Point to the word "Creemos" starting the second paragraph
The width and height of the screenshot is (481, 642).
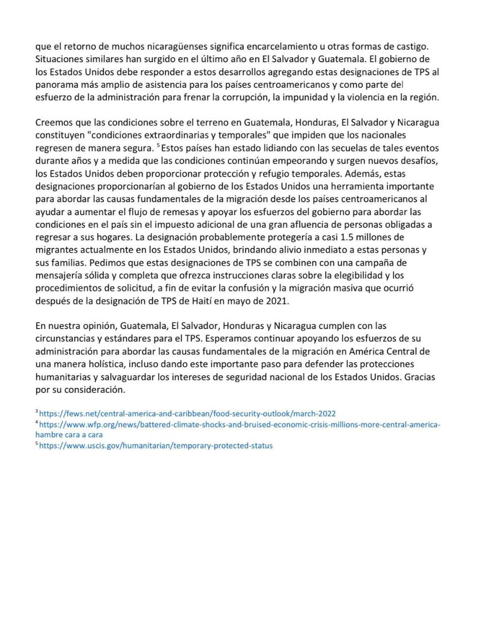pos(53,122)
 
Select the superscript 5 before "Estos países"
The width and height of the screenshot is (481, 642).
pos(158,146)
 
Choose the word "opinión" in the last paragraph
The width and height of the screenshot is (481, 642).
pos(96,326)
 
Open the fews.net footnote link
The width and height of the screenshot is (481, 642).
pos(187,414)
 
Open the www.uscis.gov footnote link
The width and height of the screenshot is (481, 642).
pos(156,445)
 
